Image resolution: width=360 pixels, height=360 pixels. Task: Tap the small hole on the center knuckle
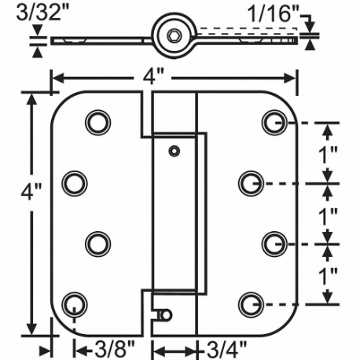tap(174, 149)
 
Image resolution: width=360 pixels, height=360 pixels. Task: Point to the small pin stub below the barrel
tap(164, 314)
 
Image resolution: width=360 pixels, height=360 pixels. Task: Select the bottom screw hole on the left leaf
tap(73, 302)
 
